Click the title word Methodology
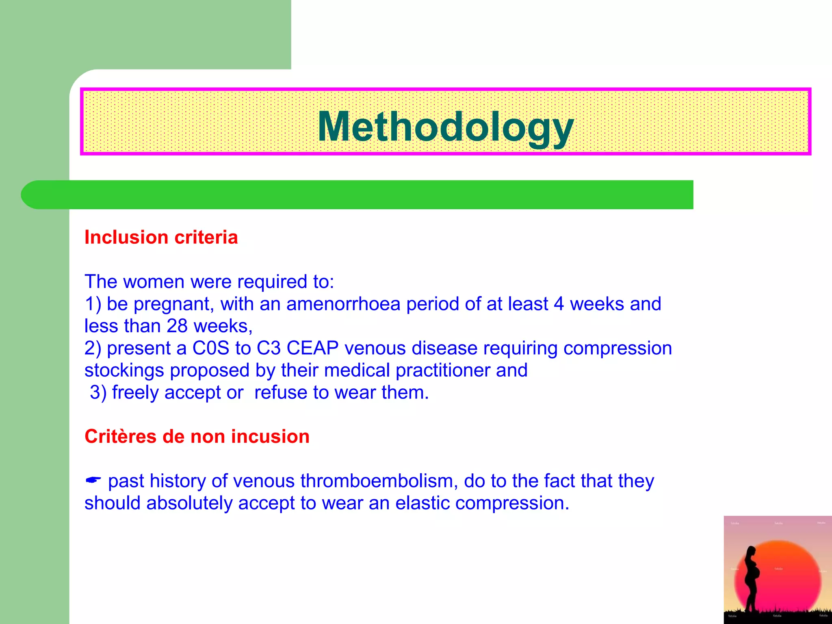[445, 127]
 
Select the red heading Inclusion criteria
[161, 237]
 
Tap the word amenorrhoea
[343, 304]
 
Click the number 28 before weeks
[177, 326]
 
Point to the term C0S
[210, 348]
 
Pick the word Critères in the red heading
[120, 437]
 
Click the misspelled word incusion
[270, 437]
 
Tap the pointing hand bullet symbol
[93, 481]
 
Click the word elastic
[422, 503]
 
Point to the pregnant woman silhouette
[752, 577]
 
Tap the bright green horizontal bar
[357, 195]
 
